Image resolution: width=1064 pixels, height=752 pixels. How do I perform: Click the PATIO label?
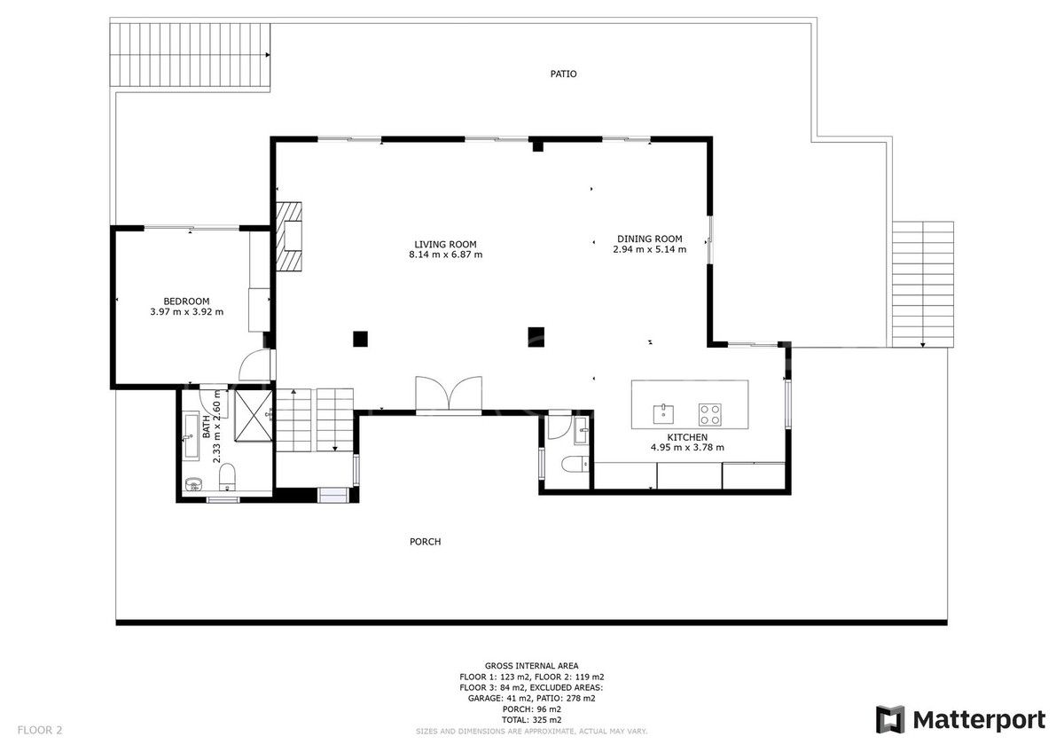click(x=563, y=74)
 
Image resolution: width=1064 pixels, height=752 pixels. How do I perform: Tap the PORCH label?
click(x=425, y=542)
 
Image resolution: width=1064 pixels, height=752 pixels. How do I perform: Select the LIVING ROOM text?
click(x=445, y=244)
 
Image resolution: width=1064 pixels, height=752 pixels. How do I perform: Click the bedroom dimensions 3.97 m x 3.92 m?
click(x=186, y=312)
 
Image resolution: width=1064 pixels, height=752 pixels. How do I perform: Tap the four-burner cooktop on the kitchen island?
click(x=709, y=412)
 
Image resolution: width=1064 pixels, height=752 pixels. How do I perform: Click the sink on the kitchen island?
click(x=663, y=412)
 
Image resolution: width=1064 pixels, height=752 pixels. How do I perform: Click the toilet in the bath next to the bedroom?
click(x=228, y=477)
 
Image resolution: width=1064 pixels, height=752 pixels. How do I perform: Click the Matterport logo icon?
click(x=890, y=719)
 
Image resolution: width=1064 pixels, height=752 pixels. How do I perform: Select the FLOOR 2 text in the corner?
click(x=39, y=731)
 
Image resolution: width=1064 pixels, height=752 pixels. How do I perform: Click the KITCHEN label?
click(x=687, y=437)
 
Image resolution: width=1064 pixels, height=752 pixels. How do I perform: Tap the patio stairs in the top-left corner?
click(x=189, y=55)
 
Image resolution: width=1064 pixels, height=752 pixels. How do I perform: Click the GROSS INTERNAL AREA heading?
click(x=531, y=665)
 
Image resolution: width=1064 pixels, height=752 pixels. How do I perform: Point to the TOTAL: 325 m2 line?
click(x=531, y=720)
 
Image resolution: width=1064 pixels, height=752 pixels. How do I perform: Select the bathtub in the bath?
click(x=192, y=435)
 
